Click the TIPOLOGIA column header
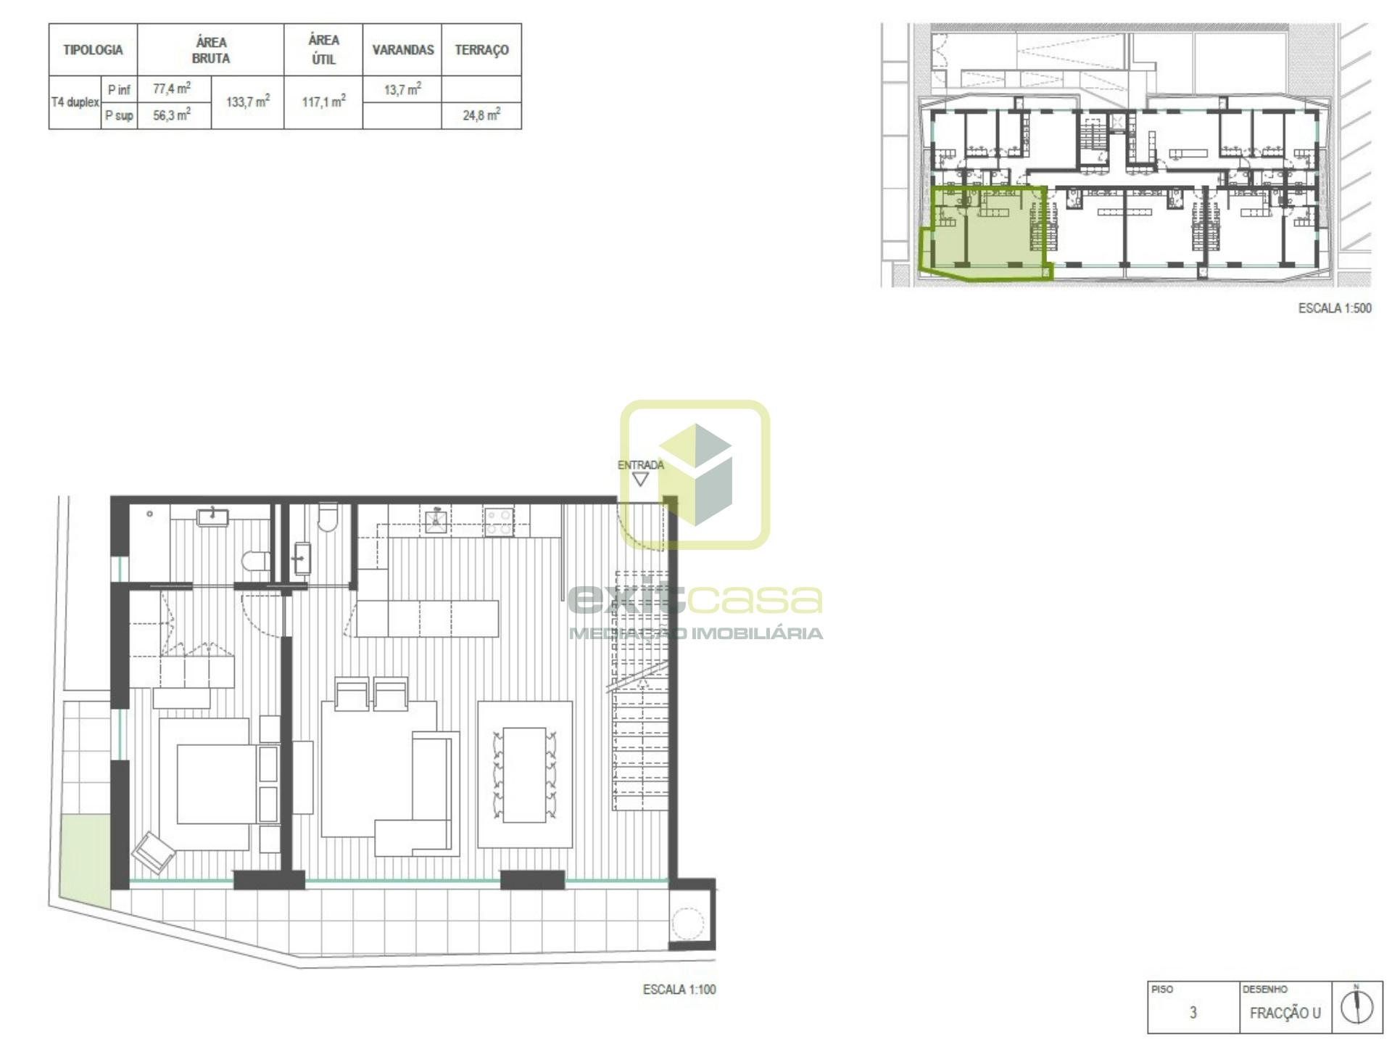pos(93,50)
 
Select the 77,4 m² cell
pos(172,89)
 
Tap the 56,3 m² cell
pos(172,115)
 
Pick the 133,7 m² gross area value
pos(248,102)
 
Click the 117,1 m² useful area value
pos(323,102)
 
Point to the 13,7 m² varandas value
pos(402,89)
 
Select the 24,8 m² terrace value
pos(481,115)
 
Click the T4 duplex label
pos(75,102)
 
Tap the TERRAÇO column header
pos(481,50)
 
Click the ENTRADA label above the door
pos(640,465)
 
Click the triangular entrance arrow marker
pos(640,480)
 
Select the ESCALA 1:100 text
pos(679,989)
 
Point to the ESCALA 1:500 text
pos(1335,308)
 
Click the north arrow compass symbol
pos(1357,1006)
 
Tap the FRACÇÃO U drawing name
pos(1285,1013)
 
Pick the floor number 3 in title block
pos(1193,1013)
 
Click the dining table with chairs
pos(524,775)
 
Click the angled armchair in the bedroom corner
pos(153,852)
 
